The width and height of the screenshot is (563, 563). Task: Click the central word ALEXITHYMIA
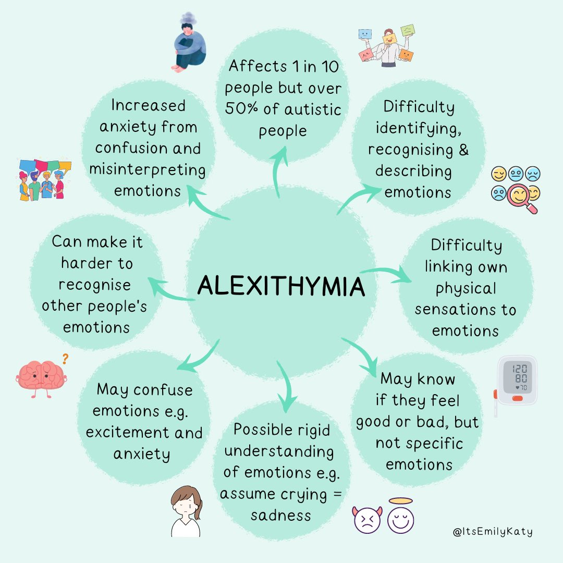pos(281,286)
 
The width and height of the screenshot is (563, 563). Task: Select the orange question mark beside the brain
pos(65,359)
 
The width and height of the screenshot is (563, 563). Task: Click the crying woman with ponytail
pos(186,511)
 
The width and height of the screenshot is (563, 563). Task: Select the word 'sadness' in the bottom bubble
pos(280,515)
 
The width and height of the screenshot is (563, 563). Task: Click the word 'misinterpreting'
pos(148,169)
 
